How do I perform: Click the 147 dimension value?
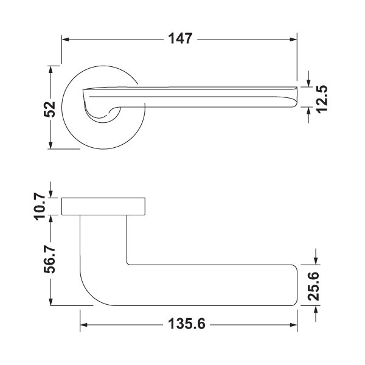point(181,39)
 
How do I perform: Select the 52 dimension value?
point(49,109)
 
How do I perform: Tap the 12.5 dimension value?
point(322,99)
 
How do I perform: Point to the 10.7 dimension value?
point(40,206)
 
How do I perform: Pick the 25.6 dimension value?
point(313,286)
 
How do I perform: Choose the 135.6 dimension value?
point(187,324)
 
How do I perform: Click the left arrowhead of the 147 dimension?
point(66,40)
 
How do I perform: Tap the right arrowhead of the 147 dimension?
point(293,40)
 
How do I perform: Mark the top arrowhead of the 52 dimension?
point(50,69)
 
